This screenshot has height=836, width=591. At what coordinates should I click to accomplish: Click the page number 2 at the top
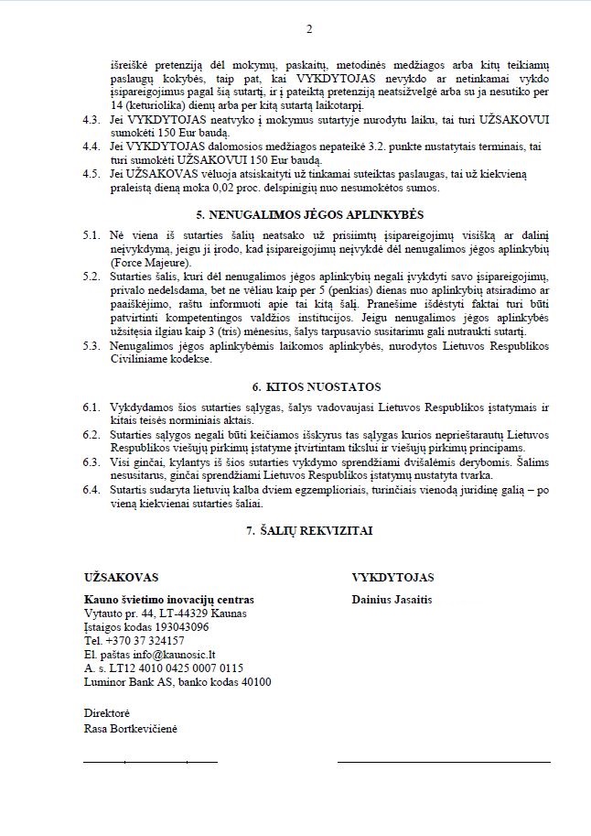click(309, 29)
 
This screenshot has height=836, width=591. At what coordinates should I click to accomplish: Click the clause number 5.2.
click(91, 276)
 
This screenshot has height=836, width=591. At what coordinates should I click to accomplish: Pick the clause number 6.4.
click(91, 491)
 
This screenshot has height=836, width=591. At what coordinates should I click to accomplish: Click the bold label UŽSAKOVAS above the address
click(121, 578)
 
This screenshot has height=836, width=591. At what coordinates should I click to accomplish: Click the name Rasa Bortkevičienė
click(129, 727)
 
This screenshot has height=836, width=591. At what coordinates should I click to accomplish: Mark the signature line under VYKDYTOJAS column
click(450, 761)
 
